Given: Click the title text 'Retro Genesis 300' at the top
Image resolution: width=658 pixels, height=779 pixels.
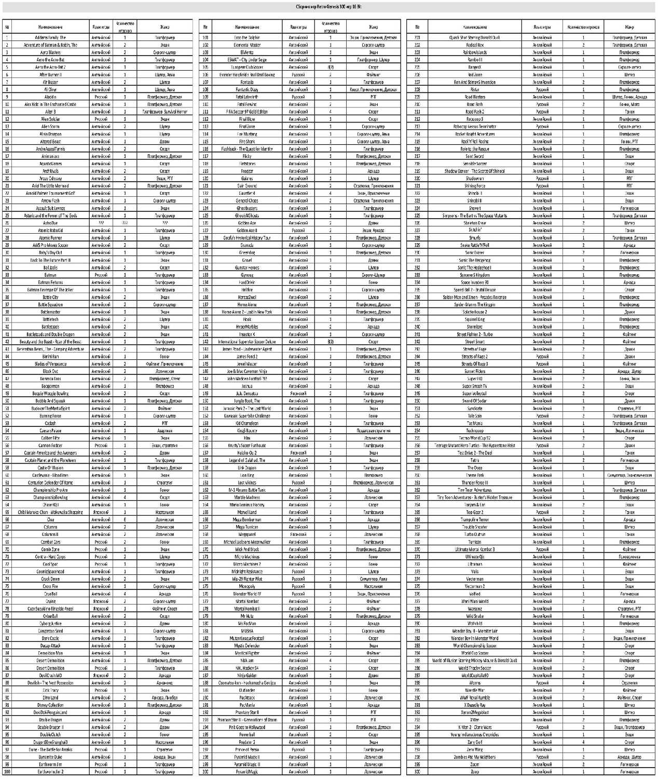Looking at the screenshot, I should [329, 7].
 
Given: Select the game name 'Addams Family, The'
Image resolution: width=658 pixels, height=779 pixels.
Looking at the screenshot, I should [50, 37].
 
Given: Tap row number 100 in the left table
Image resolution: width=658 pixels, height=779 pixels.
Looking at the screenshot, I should [7, 772].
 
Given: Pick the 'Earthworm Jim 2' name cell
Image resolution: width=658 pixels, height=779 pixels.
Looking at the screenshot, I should [50, 772].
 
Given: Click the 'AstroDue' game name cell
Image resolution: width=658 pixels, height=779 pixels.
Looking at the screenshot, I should [50, 223].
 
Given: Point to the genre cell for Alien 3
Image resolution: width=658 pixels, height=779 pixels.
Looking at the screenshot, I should [164, 112].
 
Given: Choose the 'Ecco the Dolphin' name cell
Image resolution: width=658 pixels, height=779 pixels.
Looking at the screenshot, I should [247, 37].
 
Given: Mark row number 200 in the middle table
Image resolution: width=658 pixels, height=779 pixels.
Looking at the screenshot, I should [205, 772].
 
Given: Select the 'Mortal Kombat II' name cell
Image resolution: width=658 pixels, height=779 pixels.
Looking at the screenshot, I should [247, 609].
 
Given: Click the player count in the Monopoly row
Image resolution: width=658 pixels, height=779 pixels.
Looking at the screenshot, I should [331, 586].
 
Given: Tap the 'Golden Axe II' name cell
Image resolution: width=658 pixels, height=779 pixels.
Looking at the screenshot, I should [247, 230].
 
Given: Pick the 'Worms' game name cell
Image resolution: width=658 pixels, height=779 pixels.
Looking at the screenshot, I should [474, 683].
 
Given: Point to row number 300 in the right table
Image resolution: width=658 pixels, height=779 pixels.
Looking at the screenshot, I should [417, 772].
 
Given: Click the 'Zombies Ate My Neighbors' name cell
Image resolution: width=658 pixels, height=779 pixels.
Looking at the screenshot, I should [474, 757].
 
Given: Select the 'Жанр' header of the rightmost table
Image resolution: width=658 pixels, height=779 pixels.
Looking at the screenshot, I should [629, 27].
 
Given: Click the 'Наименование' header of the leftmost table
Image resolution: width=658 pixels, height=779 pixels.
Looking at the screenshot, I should [50, 27].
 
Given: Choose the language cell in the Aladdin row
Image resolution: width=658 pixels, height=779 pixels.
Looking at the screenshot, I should [101, 97].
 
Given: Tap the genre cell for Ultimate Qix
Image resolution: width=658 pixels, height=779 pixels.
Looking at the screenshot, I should [629, 557].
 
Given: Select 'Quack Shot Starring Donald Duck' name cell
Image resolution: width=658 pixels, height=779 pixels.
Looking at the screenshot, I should [474, 37].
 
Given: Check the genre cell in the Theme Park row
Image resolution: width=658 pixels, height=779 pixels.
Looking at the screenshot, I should [629, 475].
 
